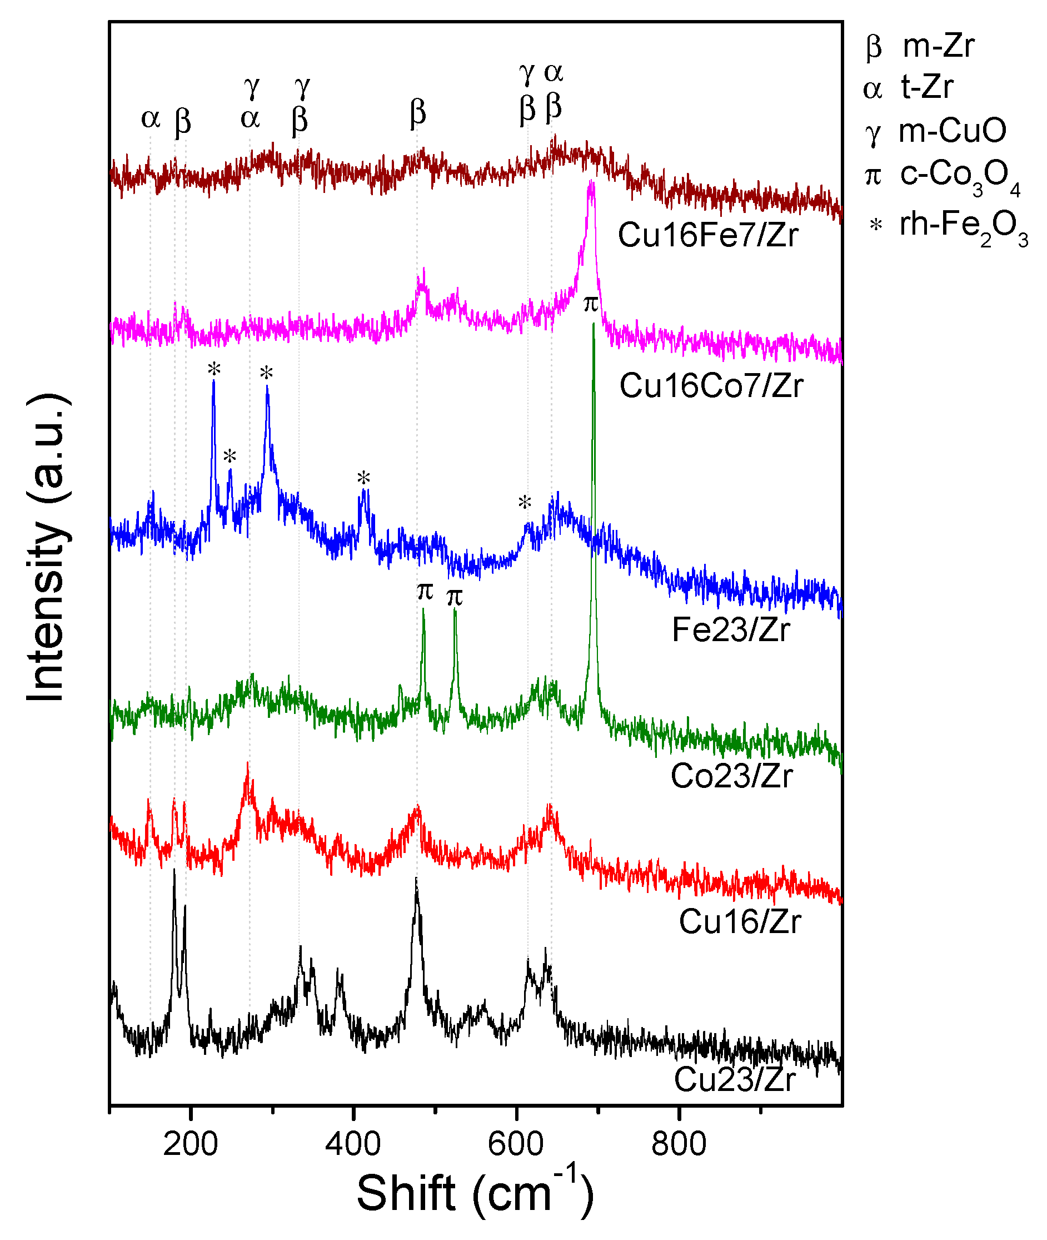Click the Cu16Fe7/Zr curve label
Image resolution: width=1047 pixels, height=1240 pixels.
pyautogui.click(x=707, y=235)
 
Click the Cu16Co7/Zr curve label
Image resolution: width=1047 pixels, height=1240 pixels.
pyautogui.click(x=711, y=386)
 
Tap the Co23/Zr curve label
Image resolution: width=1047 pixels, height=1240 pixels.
pyautogui.click(x=731, y=776)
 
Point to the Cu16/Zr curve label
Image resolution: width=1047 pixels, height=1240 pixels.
pyautogui.click(x=740, y=922)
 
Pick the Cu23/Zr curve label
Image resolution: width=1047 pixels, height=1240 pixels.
pyautogui.click(x=734, y=1079)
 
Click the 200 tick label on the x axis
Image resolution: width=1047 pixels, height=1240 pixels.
pyautogui.click(x=190, y=1144)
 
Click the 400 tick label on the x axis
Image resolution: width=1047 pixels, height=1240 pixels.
pyautogui.click(x=353, y=1144)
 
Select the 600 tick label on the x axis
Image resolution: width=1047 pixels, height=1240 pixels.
pyautogui.click(x=516, y=1144)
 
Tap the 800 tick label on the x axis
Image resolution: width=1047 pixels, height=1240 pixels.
pyautogui.click(x=679, y=1144)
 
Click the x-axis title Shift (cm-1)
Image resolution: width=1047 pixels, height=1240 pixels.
pyautogui.click(x=475, y=1194)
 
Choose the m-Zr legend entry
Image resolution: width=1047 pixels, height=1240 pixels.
pyautogui.click(x=938, y=46)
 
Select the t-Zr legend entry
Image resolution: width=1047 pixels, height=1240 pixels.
pyautogui.click(x=926, y=87)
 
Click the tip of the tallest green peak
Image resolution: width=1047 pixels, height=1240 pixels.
pyautogui.click(x=593, y=324)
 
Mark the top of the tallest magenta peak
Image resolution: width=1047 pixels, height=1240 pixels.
pyautogui.click(x=591, y=183)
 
